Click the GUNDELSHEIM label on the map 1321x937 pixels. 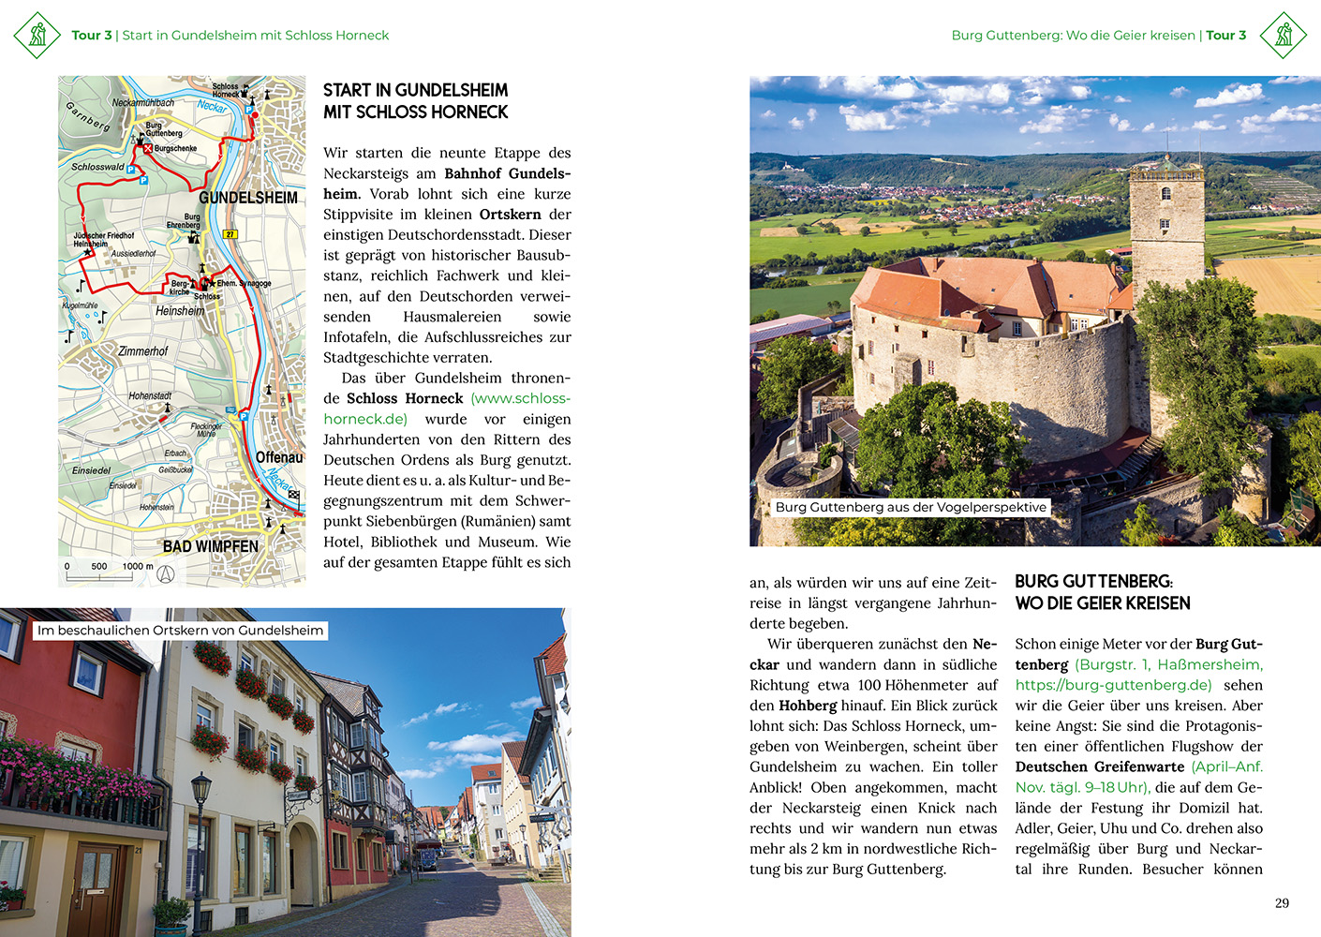pyautogui.click(x=248, y=198)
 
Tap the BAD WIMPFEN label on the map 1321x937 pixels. pyautogui.click(x=210, y=546)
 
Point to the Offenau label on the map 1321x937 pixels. pyautogui.click(x=279, y=457)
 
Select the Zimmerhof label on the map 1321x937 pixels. pyautogui.click(x=143, y=351)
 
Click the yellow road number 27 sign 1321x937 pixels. pyautogui.click(x=230, y=234)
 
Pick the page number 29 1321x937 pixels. pyautogui.click(x=1282, y=903)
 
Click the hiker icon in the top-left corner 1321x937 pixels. pyautogui.click(x=37, y=35)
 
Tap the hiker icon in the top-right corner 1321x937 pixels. pyautogui.click(x=1284, y=35)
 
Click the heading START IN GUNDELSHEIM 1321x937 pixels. pyautogui.click(x=415, y=91)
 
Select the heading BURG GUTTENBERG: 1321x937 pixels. pyautogui.click(x=1093, y=582)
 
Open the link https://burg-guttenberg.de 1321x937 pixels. pyautogui.click(x=1113, y=685)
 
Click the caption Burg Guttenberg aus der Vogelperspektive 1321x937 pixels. pyautogui.click(x=911, y=507)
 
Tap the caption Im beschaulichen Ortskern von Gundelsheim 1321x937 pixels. pyautogui.click(x=181, y=631)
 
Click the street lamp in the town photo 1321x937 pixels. pyautogui.click(x=201, y=825)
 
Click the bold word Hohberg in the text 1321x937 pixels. pyautogui.click(x=808, y=706)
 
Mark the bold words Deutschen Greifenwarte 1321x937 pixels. pyautogui.click(x=1100, y=766)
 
